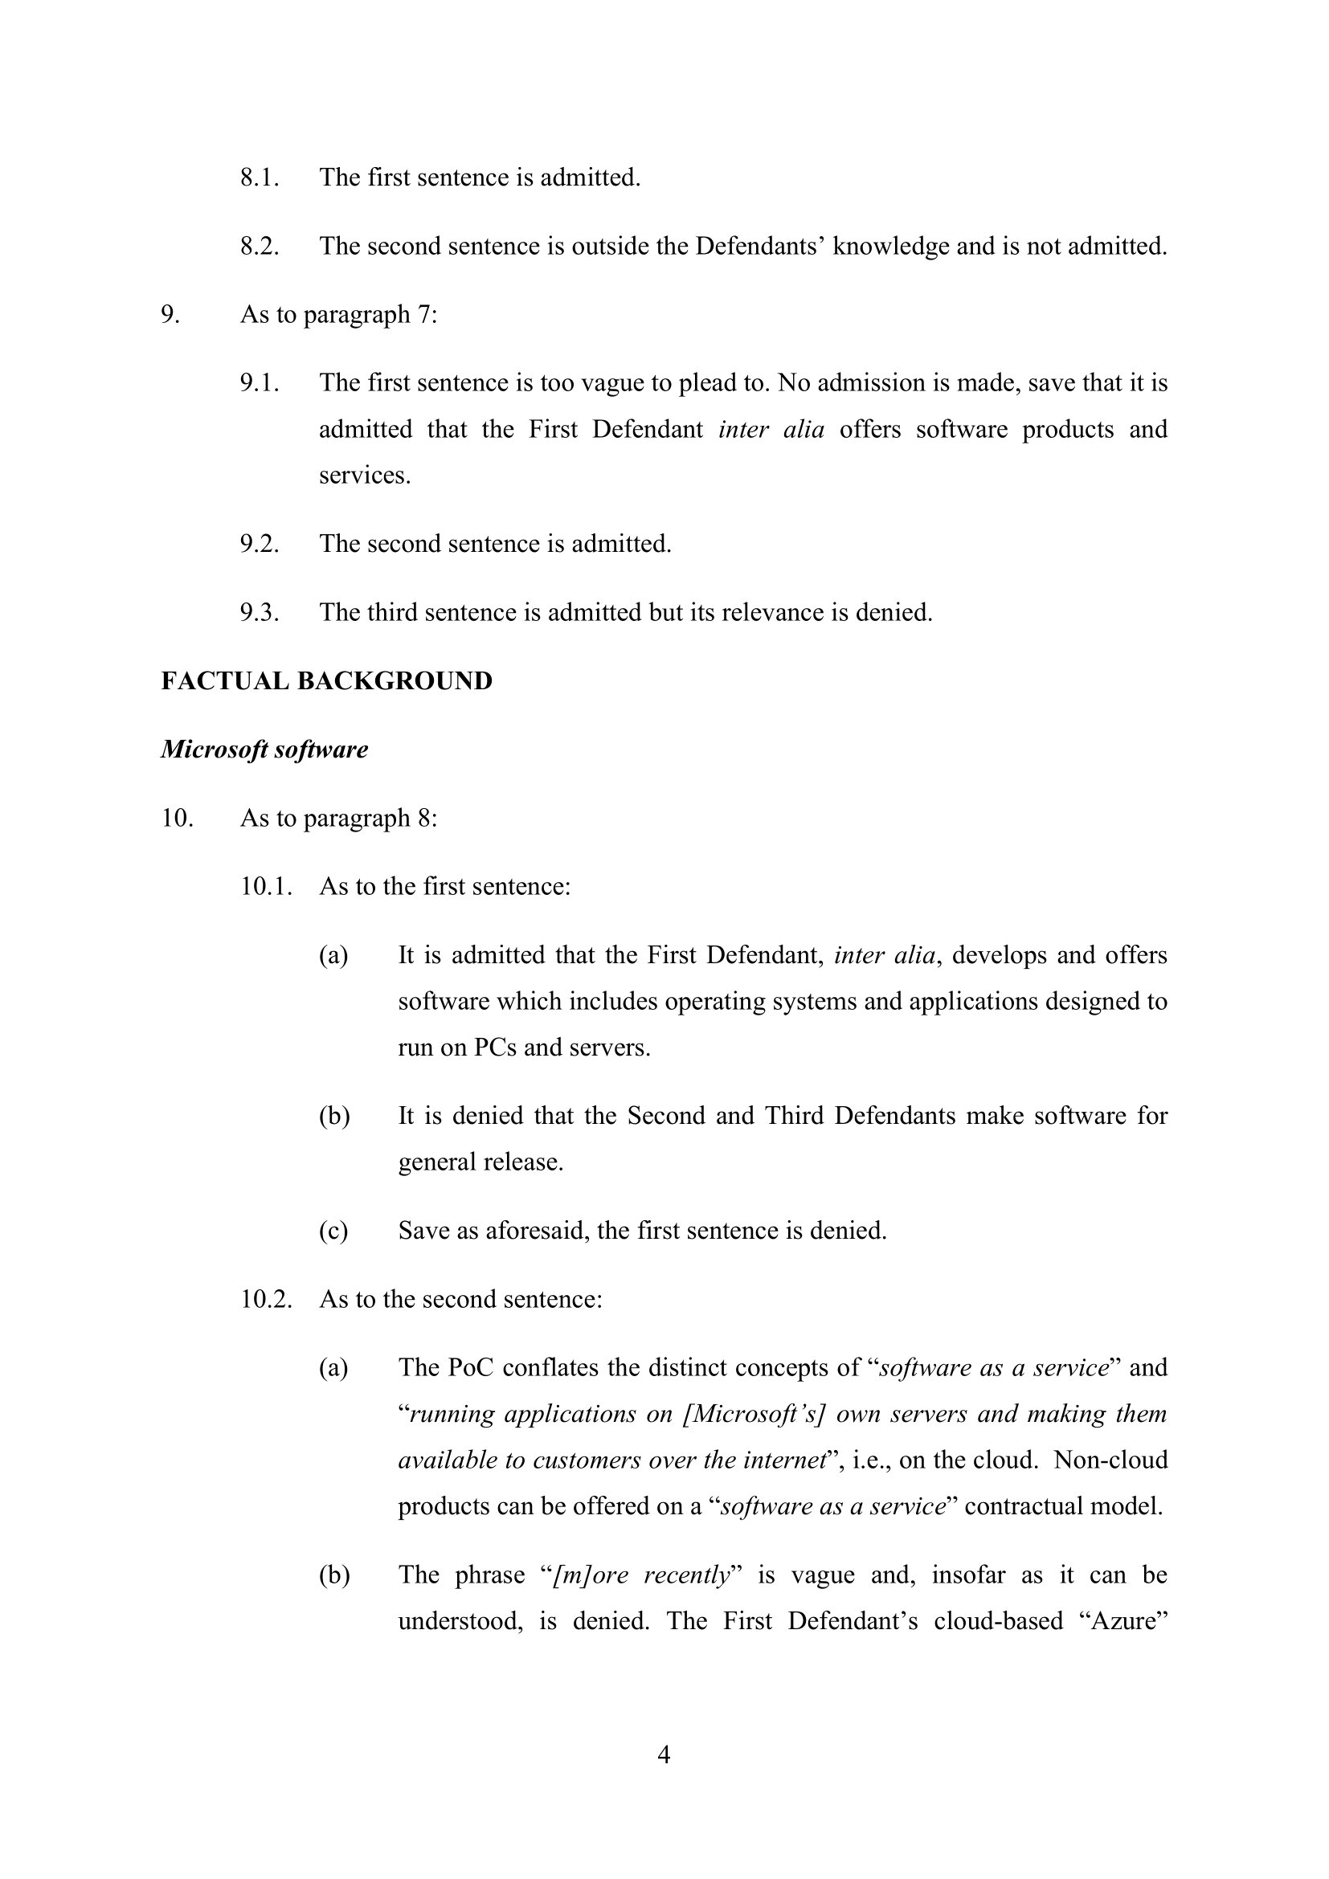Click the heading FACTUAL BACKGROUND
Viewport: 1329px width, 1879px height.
(x=326, y=681)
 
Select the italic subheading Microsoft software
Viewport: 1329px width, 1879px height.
(x=264, y=750)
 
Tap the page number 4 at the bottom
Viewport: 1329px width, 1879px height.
(x=664, y=1754)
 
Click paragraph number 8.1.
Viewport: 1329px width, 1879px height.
(x=260, y=178)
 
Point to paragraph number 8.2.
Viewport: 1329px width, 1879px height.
(x=260, y=247)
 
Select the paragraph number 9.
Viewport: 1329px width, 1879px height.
(x=170, y=315)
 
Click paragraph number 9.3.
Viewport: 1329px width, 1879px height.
(x=260, y=613)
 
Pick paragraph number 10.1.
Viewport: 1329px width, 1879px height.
(x=266, y=887)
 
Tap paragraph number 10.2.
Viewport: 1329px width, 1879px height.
(x=266, y=1300)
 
